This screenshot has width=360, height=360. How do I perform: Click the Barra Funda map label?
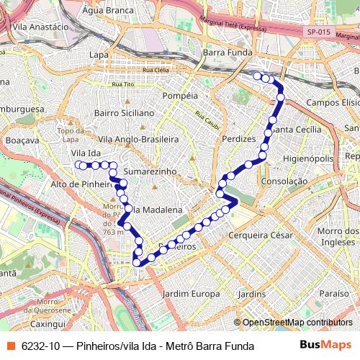point(225,53)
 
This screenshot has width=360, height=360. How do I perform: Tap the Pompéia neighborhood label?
point(181,96)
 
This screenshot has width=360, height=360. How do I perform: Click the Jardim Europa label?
point(192,294)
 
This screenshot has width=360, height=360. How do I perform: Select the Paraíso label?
point(333,294)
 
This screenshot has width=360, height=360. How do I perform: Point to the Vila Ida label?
point(86,154)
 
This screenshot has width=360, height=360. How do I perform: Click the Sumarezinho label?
point(150,173)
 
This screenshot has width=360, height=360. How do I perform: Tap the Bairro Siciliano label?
point(124,113)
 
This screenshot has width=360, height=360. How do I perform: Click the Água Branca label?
point(109,11)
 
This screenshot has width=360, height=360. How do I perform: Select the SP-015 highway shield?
point(318,32)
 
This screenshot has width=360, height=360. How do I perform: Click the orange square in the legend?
point(11,346)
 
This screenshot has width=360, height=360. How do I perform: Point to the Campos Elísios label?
point(333,103)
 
